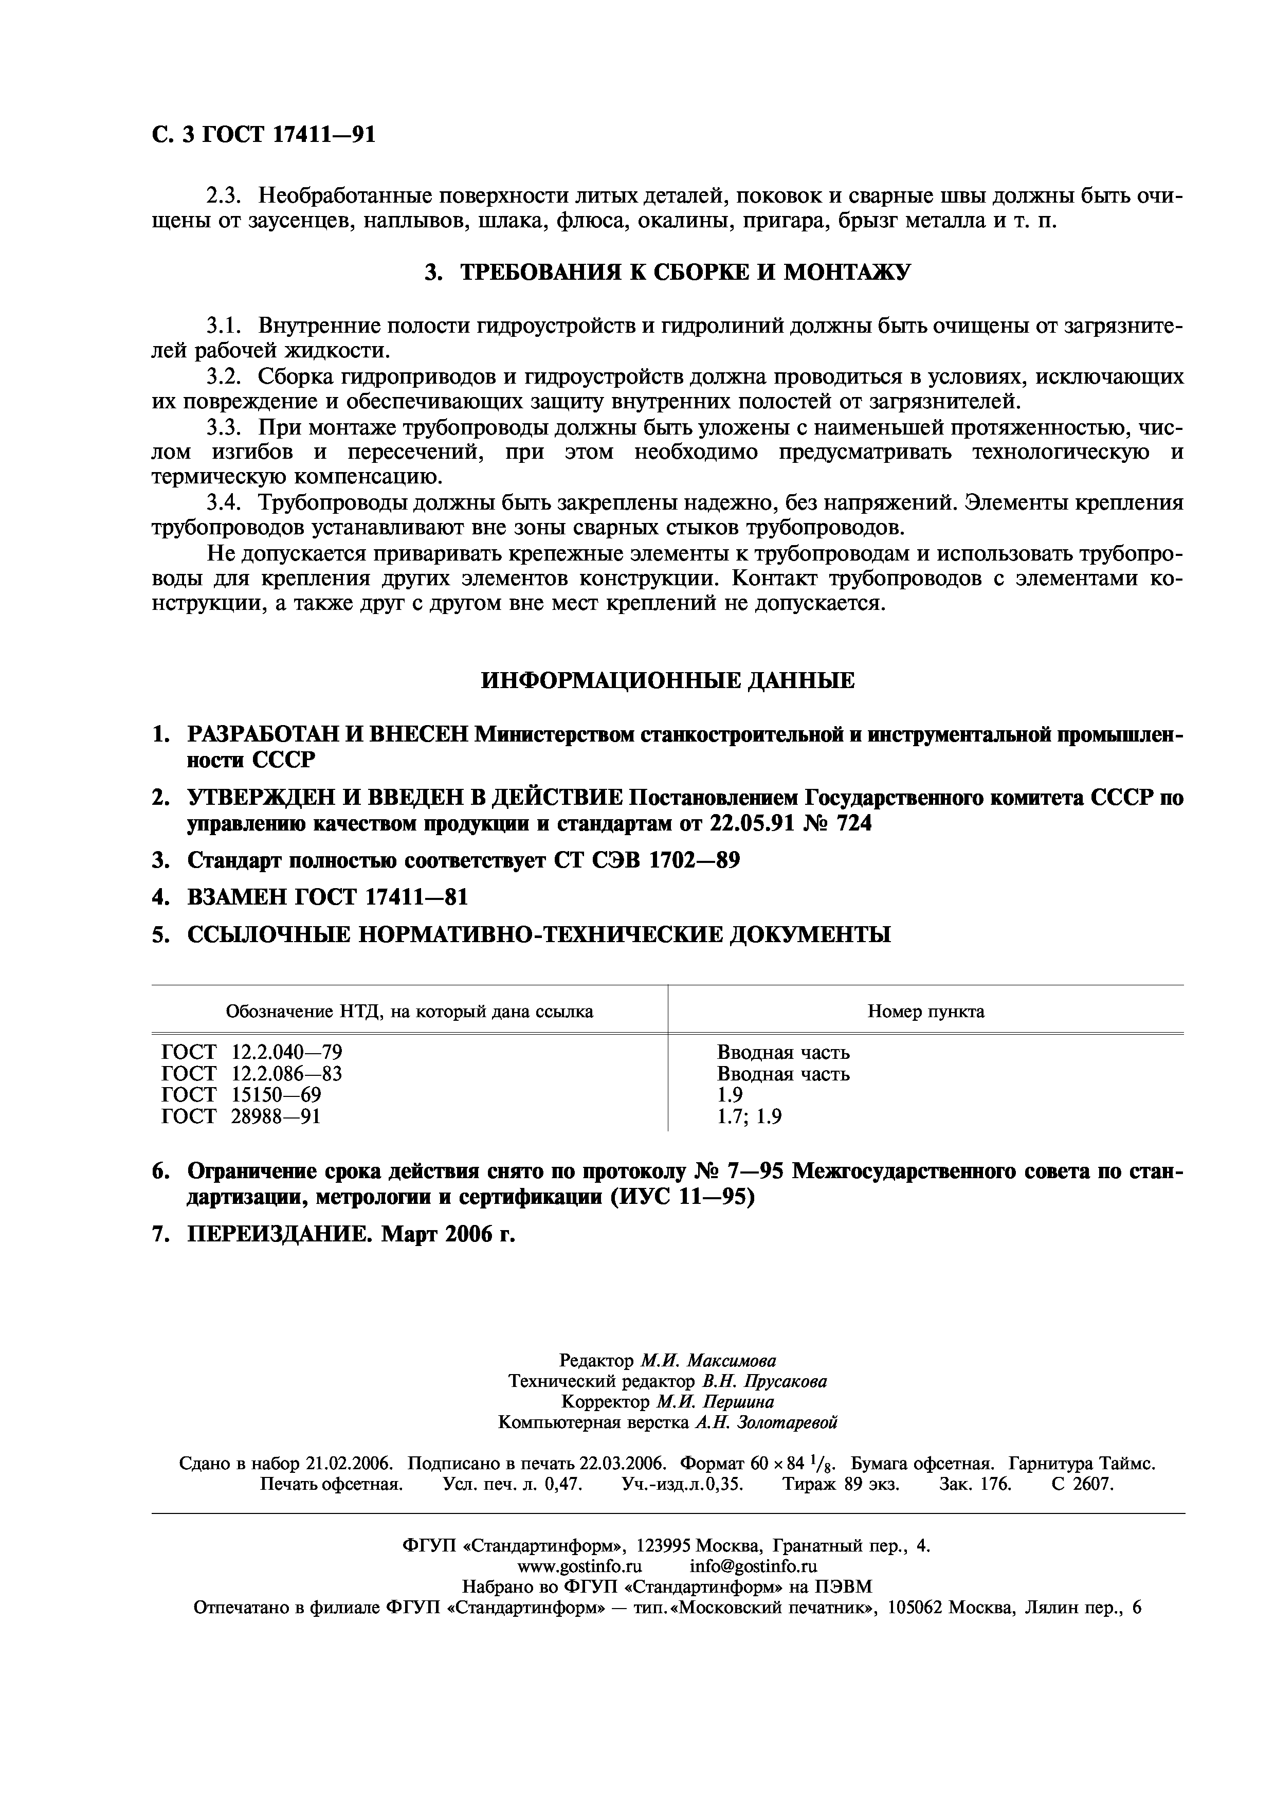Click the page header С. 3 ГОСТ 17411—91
point(263,135)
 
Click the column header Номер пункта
point(925,1012)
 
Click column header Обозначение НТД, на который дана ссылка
point(409,1012)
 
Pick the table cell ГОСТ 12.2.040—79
point(251,1053)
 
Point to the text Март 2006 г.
point(448,1235)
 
